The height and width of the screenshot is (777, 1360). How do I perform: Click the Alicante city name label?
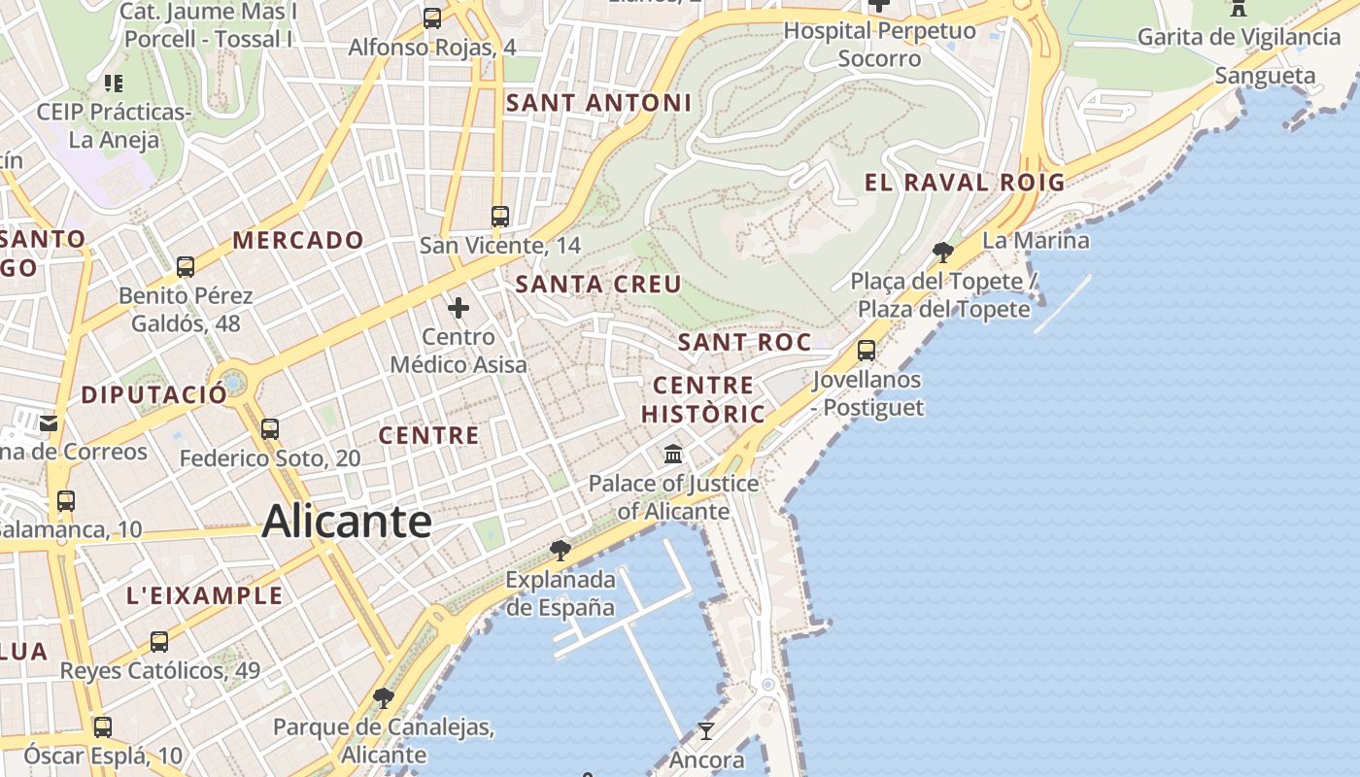[347, 522]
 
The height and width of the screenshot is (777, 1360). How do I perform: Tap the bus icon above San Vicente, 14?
[500, 217]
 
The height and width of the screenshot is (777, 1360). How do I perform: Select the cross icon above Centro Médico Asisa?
[459, 309]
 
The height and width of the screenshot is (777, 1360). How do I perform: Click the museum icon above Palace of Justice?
[672, 454]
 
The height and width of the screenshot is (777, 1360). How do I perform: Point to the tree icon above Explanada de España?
[560, 551]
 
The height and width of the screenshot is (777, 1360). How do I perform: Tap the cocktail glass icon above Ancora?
[706, 731]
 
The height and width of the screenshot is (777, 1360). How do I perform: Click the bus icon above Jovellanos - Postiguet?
[867, 351]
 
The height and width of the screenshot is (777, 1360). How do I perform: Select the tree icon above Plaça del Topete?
[942, 253]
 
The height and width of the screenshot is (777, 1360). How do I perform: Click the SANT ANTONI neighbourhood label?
[599, 102]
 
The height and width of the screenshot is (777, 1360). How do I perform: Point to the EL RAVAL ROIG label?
[965, 182]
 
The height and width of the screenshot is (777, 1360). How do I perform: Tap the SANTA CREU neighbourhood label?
[598, 284]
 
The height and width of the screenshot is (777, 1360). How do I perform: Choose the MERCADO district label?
[298, 240]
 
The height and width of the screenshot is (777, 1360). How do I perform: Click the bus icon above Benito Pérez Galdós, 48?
[185, 266]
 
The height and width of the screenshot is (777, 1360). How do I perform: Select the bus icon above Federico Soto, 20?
[270, 428]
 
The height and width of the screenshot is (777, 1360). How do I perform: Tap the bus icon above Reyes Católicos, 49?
[159, 641]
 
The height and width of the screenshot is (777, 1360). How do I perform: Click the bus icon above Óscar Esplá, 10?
[102, 726]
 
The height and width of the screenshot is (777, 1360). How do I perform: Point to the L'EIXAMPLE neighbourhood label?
[204, 595]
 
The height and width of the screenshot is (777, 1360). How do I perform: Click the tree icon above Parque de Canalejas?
[384, 697]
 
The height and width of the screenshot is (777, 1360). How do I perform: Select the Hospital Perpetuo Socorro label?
[879, 44]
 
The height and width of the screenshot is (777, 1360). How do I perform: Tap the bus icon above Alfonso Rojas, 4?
[432, 18]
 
